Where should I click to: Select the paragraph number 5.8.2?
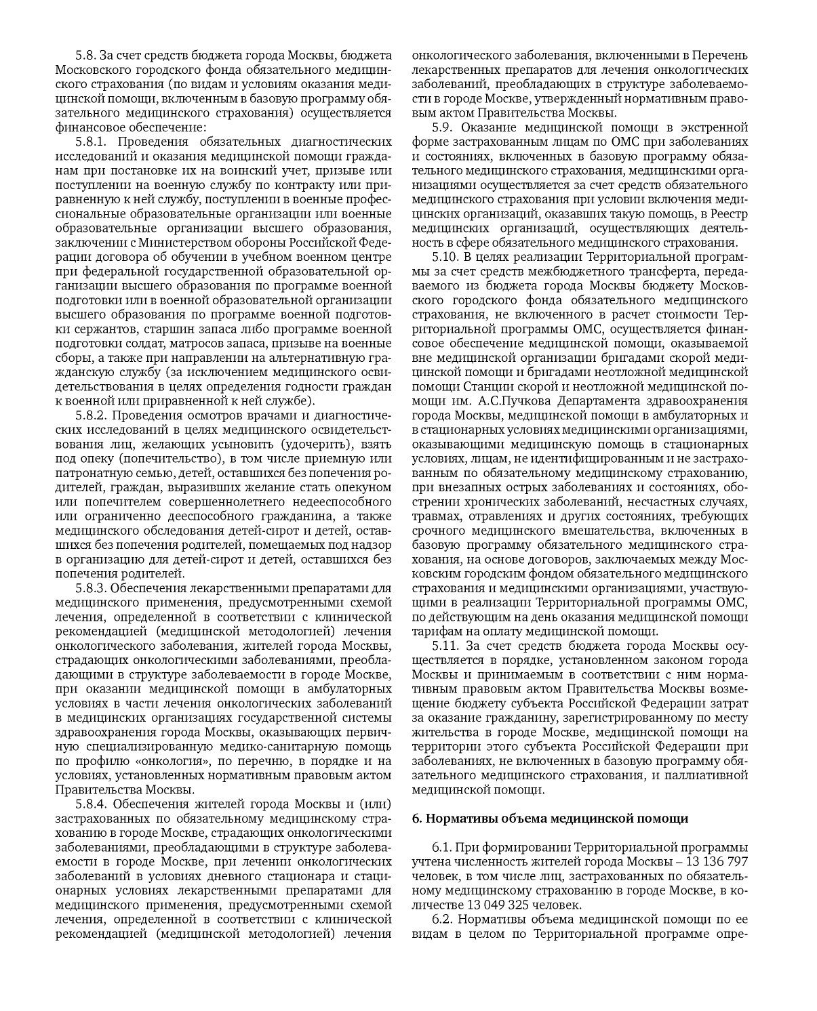[x=92, y=415]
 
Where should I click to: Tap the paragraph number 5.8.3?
[x=91, y=587]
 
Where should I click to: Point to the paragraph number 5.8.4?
[x=92, y=804]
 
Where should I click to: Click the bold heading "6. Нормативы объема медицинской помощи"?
[x=550, y=818]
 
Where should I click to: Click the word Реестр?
[x=729, y=214]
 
